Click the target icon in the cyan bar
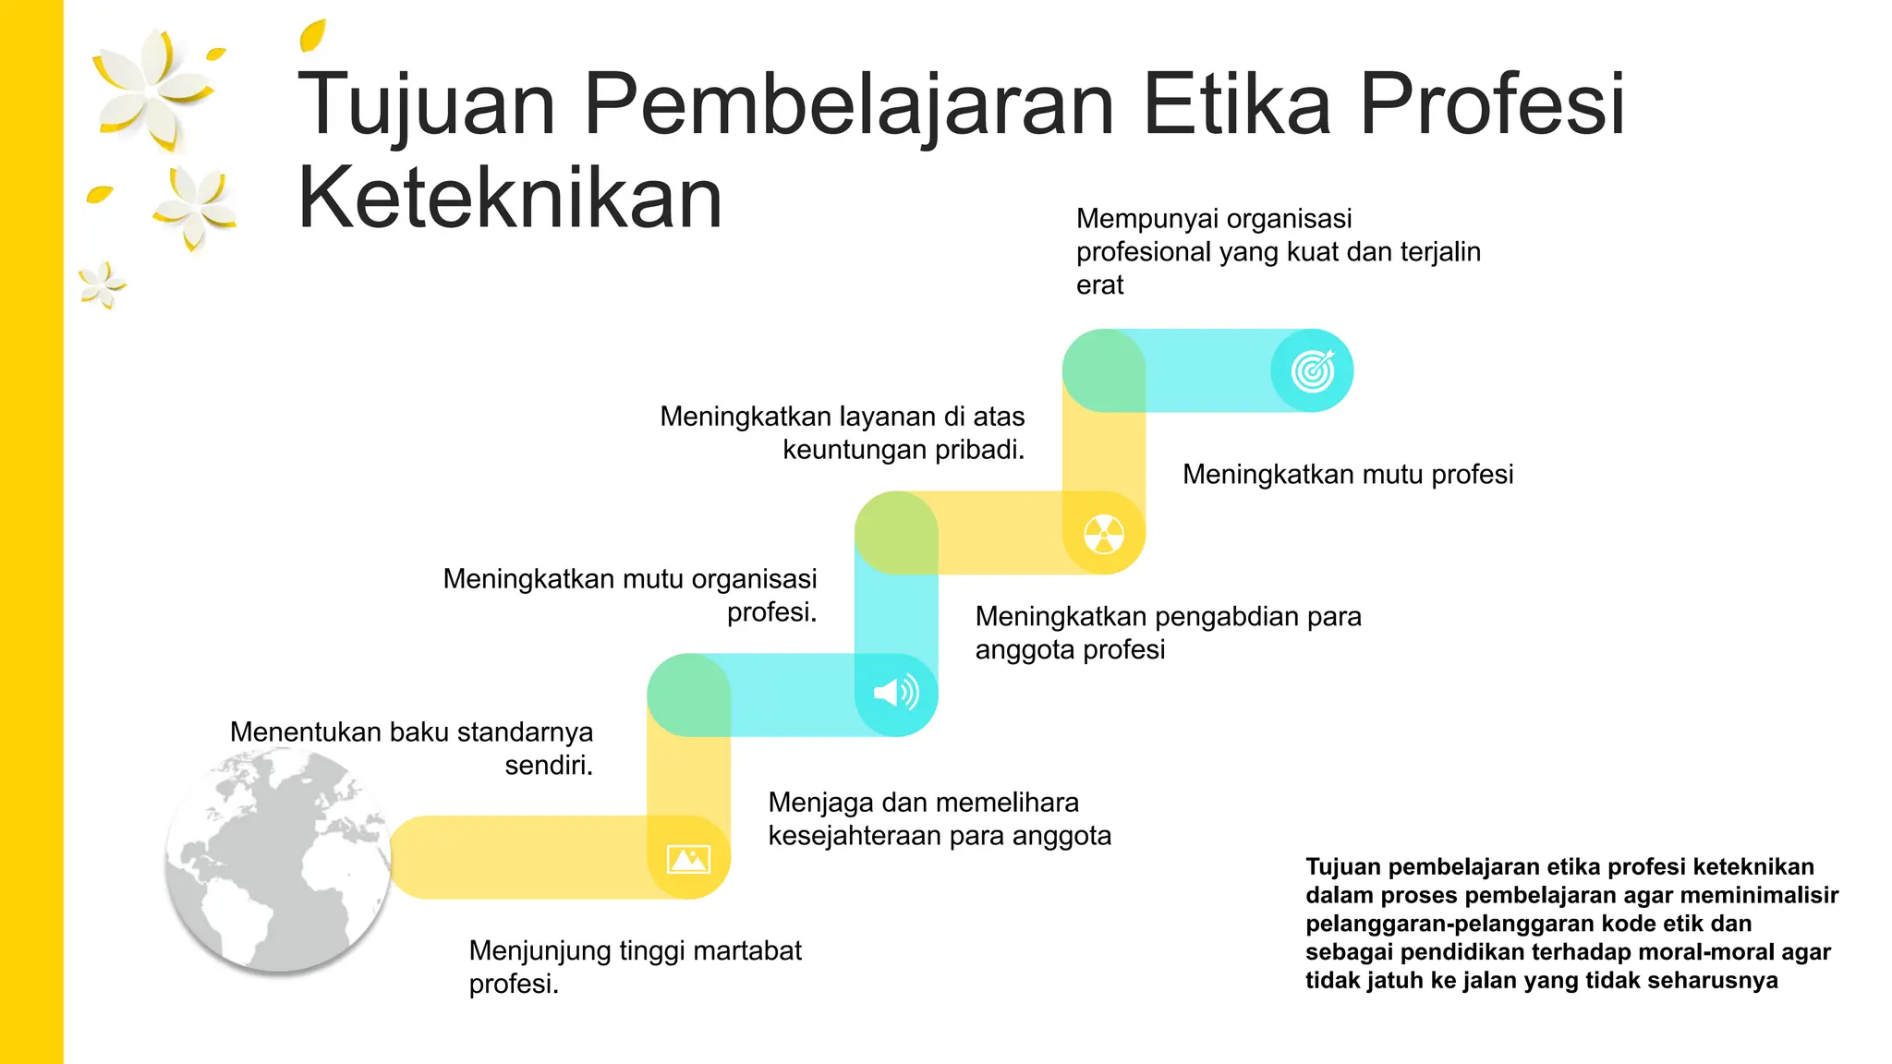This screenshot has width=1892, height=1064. click(1313, 371)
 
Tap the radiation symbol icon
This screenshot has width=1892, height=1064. click(1104, 534)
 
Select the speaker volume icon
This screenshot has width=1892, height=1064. click(896, 693)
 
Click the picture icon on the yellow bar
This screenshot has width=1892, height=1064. click(689, 859)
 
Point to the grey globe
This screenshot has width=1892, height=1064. click(278, 859)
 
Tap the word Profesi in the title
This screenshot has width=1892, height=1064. click(1491, 103)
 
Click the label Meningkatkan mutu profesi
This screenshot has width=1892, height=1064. click(1348, 475)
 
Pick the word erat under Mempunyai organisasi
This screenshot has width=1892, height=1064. click(1099, 285)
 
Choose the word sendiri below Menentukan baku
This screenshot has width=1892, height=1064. click(548, 766)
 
